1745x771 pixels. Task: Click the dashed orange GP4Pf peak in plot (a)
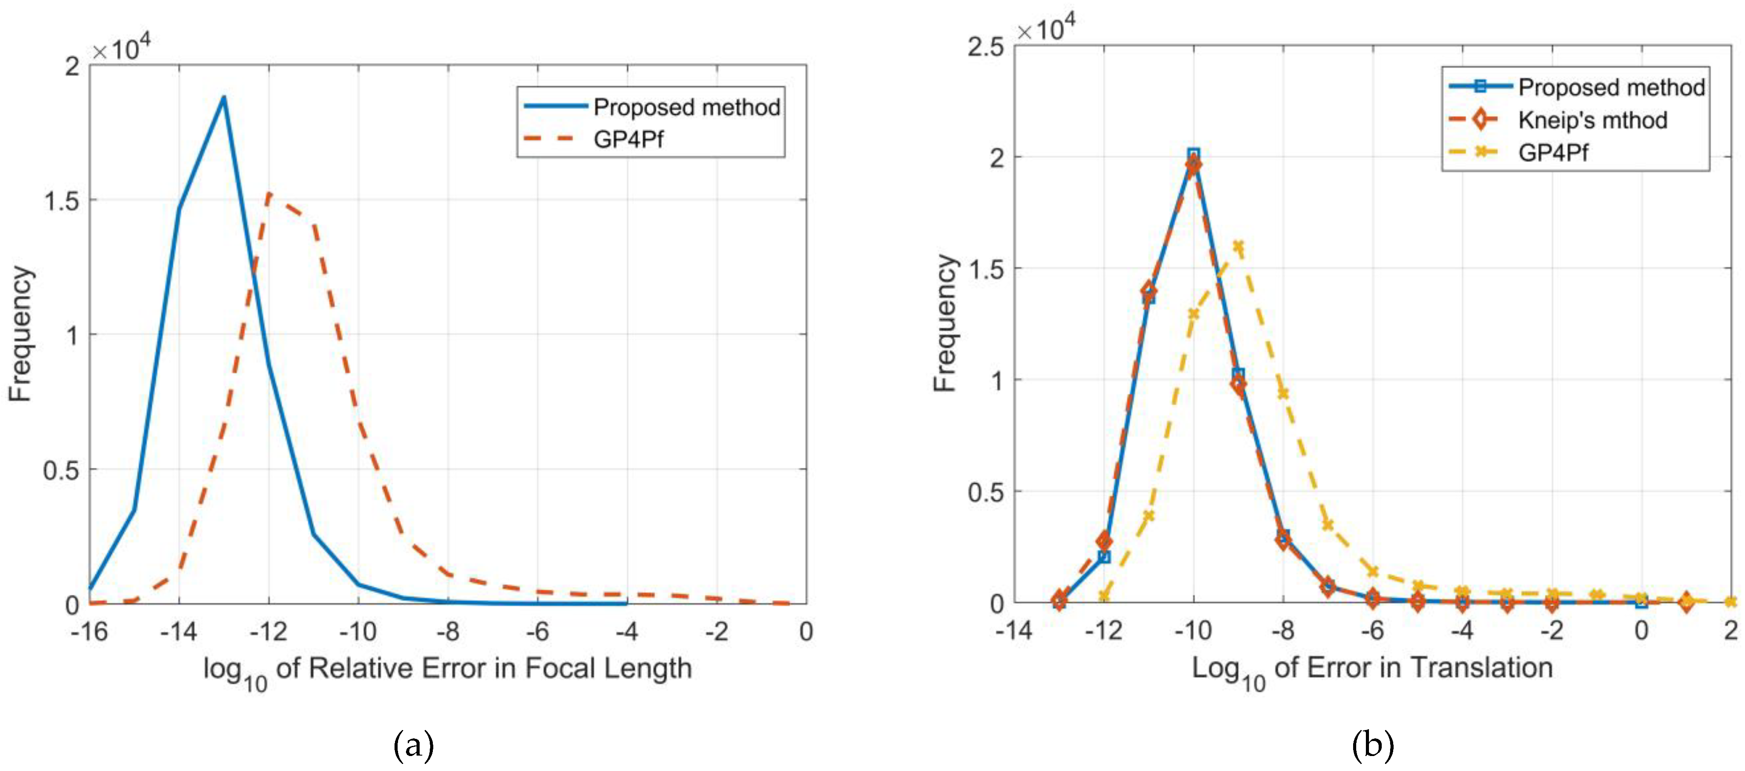269,194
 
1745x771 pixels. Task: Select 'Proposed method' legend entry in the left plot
686,107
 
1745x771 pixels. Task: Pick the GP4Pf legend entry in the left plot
628,140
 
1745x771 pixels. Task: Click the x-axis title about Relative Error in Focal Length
447,669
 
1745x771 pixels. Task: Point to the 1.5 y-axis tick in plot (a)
61,200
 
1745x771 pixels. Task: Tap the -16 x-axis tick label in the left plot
89,632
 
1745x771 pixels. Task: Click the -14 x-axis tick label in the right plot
1013,631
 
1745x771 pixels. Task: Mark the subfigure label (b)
1372,745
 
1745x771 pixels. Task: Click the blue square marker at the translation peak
1194,155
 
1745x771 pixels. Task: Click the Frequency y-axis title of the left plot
20,334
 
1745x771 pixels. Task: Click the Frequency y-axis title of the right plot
944,323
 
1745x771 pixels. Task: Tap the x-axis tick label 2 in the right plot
1731,631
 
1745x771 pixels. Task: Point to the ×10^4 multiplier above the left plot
122,49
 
